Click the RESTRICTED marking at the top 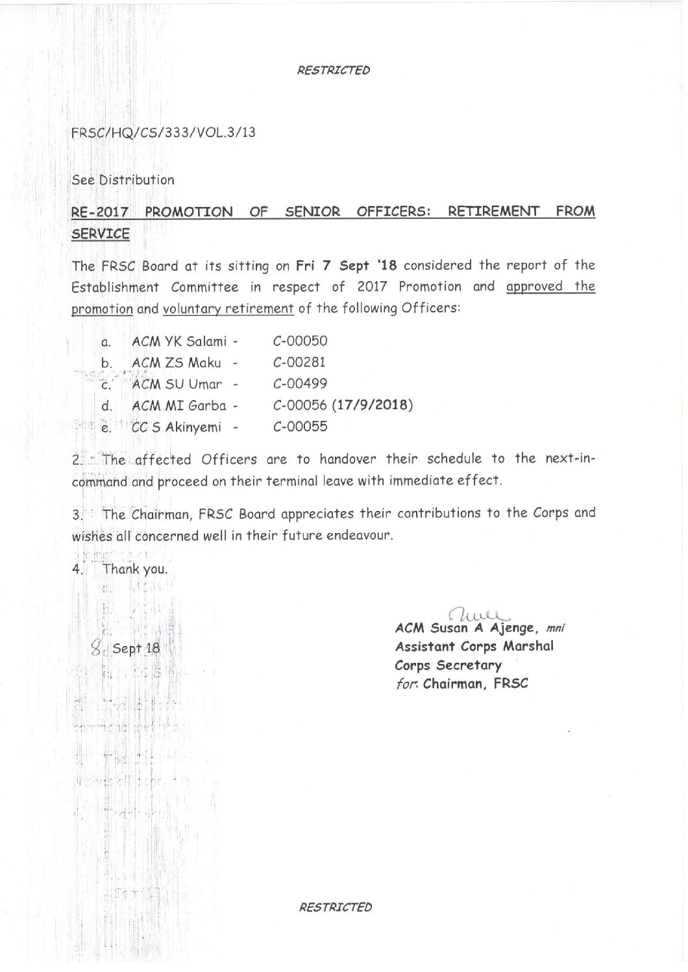[334, 70]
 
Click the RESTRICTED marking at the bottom [335, 907]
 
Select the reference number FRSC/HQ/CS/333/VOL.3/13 [164, 134]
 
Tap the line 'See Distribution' [123, 180]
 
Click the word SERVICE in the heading [100, 234]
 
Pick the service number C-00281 [299, 362]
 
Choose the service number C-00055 [301, 427]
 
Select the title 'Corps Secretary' [448, 666]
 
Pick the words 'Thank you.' [136, 569]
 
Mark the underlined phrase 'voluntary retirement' [228, 308]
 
